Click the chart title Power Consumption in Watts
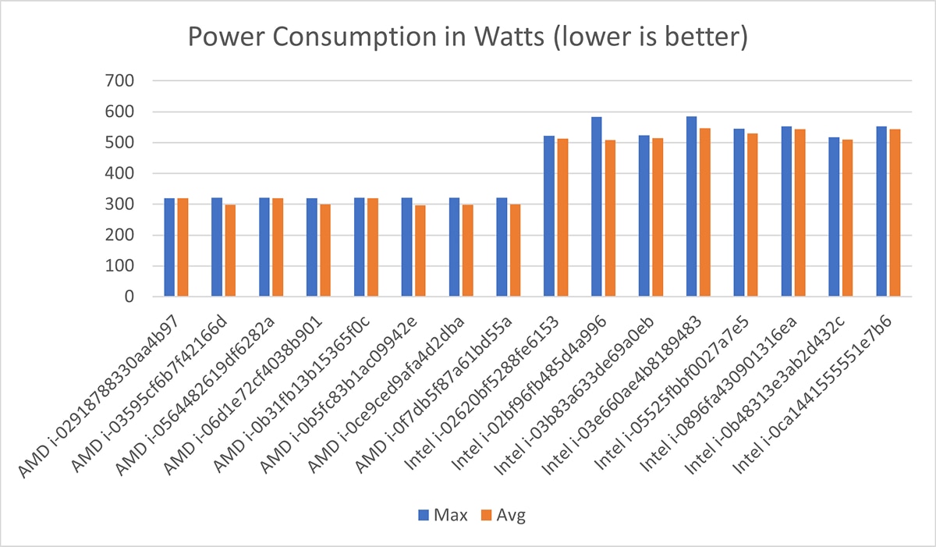(466, 37)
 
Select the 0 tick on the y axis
(129, 297)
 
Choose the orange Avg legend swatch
(485, 515)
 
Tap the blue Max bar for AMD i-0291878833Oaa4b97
(169, 247)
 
